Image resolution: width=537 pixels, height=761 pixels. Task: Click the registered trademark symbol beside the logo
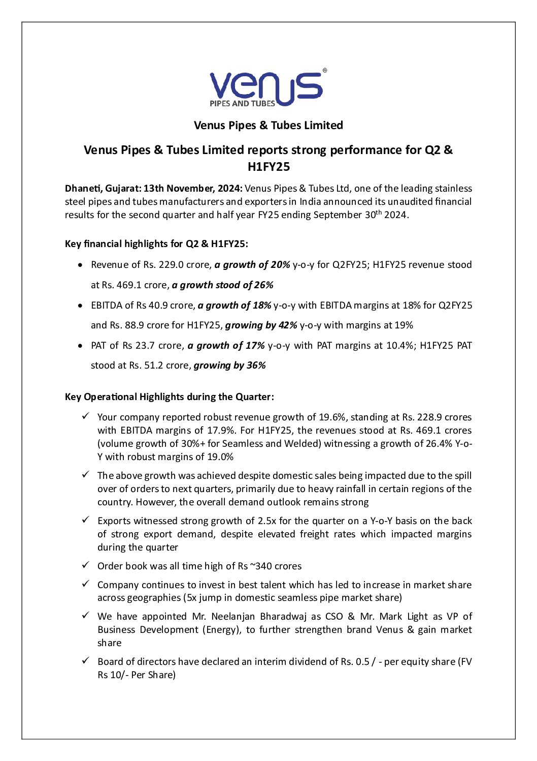tap(325, 71)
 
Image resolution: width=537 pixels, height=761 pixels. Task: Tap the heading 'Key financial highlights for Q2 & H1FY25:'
tap(156, 244)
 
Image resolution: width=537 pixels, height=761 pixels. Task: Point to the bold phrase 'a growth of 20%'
tap(252, 265)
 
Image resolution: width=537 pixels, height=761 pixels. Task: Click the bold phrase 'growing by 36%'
tap(229, 366)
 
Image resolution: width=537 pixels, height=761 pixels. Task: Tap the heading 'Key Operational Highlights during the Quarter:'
tap(169, 397)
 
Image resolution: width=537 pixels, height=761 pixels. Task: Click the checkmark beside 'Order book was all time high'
tap(86, 565)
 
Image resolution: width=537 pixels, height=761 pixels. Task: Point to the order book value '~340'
tap(261, 566)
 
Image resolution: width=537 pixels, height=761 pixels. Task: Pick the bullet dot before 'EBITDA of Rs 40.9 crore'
tap(80, 306)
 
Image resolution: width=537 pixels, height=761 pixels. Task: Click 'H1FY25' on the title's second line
tap(268, 167)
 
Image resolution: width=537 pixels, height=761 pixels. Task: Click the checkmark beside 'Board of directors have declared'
tap(86, 661)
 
